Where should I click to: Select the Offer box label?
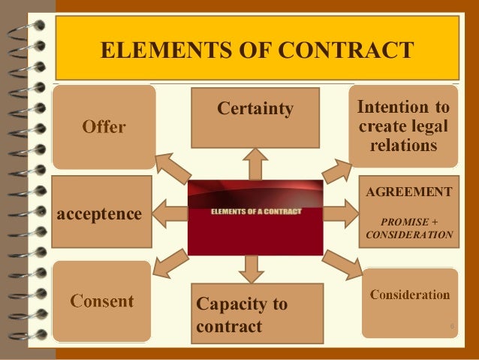click(104, 127)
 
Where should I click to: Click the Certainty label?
click(255, 110)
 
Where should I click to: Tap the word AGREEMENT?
click(409, 192)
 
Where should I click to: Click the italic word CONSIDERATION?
click(409, 235)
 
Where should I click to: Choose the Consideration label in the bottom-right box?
click(410, 295)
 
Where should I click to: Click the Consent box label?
click(102, 302)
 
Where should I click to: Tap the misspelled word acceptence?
click(100, 214)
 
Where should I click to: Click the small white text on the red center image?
click(256, 211)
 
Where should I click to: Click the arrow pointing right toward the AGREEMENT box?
click(340, 214)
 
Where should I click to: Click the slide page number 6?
click(452, 326)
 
